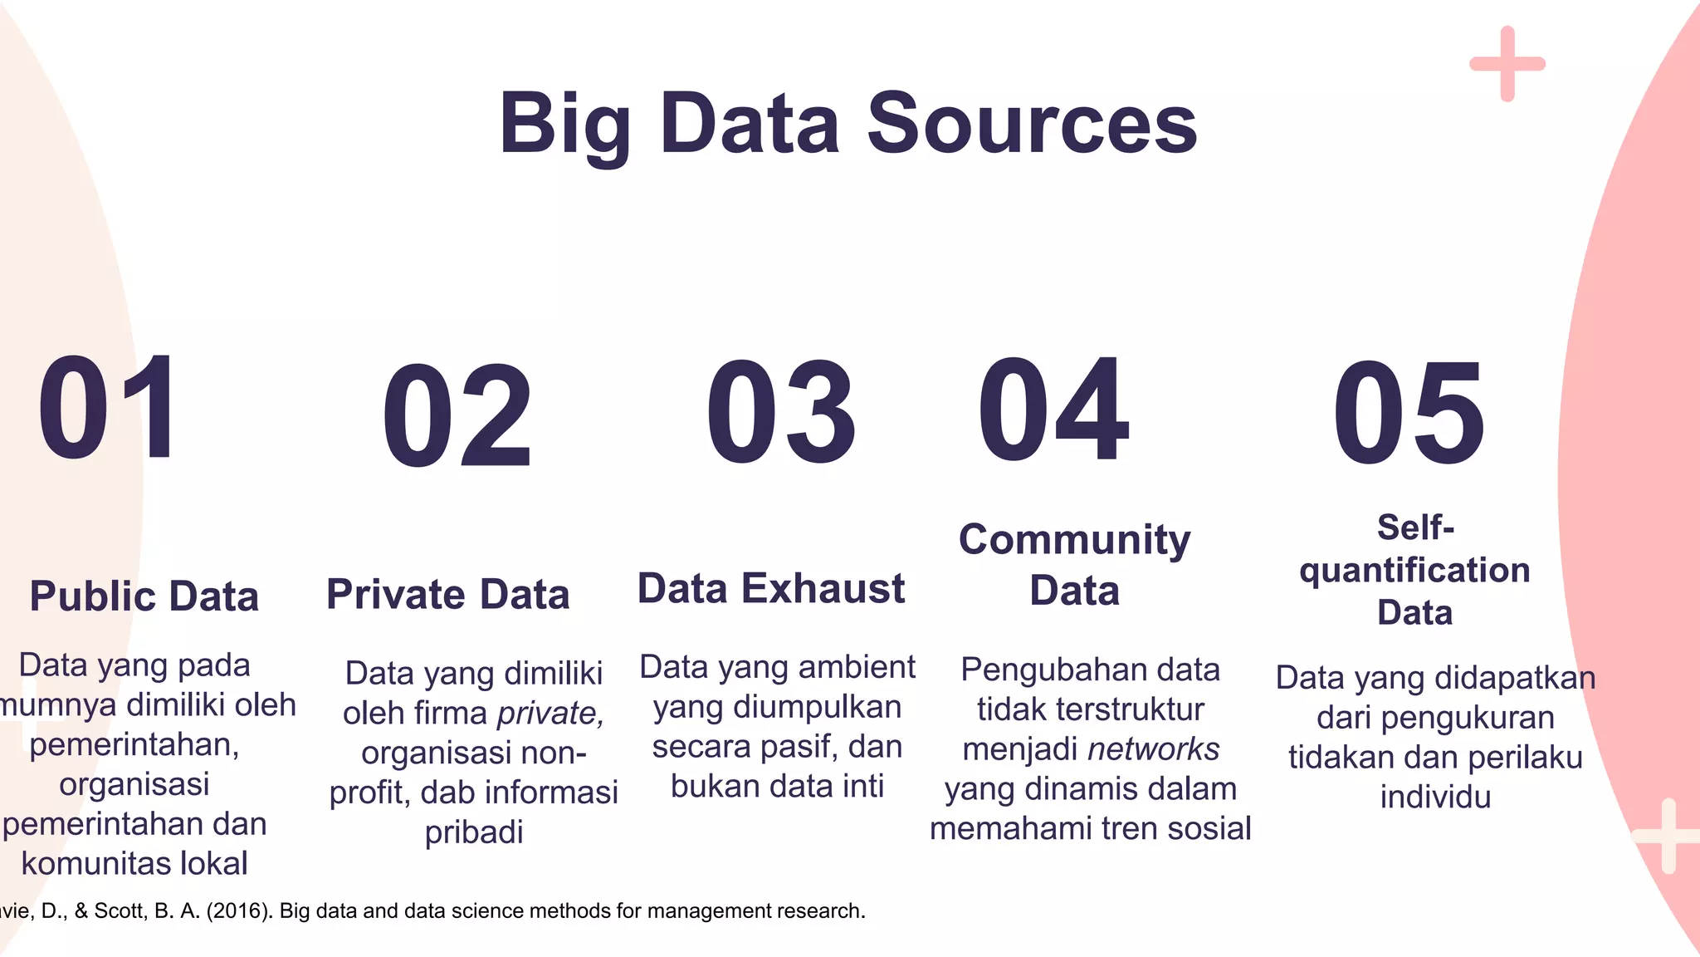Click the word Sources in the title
tap(1032, 124)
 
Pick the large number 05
tap(1409, 414)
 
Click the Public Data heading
tap(144, 596)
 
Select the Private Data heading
tap(447, 595)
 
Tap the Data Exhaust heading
tap(770, 589)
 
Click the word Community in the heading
tap(1074, 540)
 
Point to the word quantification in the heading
tap(1414, 571)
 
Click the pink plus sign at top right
tap(1507, 64)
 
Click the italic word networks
tap(1154, 749)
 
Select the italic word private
tap(550, 714)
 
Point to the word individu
tap(1435, 797)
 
